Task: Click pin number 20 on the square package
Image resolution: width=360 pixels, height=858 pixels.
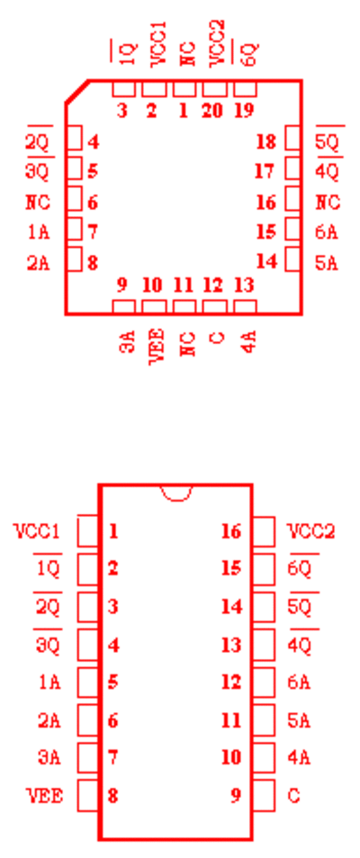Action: tap(212, 111)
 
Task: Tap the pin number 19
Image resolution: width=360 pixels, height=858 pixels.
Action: tap(244, 111)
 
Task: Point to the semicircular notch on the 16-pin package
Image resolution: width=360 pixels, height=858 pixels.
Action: tap(176, 492)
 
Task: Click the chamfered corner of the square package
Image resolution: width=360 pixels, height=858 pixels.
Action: tap(77, 91)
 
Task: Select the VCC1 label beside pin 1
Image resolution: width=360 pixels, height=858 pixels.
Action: tap(36, 531)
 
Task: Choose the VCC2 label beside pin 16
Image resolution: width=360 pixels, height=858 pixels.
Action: tap(311, 531)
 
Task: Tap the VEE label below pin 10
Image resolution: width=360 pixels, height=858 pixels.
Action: tap(157, 346)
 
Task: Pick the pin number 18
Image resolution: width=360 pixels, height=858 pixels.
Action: tap(266, 142)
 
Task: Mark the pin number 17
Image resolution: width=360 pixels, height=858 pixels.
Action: tap(265, 171)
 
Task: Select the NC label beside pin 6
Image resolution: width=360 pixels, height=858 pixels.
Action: tap(38, 203)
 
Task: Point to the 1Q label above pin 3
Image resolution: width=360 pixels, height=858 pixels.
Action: tap(126, 53)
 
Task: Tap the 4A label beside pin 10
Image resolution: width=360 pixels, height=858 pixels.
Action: tap(299, 758)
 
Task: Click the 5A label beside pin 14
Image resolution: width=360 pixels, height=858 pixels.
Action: tap(327, 263)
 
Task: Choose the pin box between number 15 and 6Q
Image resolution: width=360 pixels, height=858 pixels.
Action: tap(264, 569)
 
